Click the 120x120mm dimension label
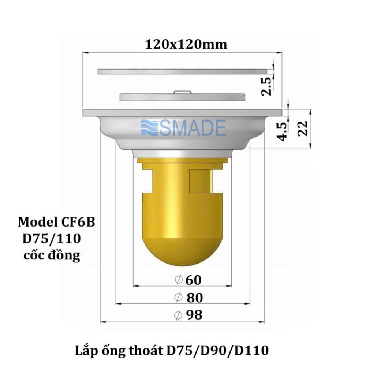point(186,44)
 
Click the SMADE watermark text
point(193,128)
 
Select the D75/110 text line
point(51,239)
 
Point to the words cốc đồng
point(52,255)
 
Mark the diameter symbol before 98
point(179,315)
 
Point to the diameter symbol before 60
point(179,280)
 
